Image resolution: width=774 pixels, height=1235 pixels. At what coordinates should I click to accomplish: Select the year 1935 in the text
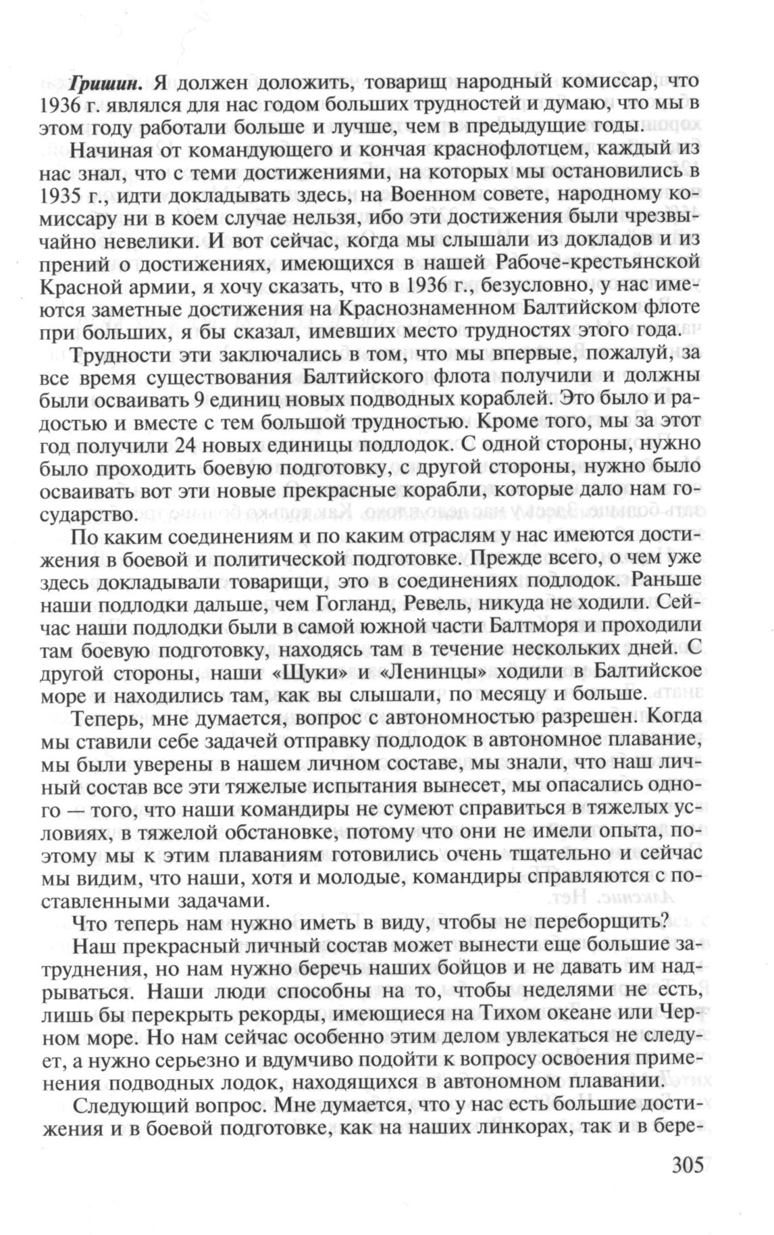point(88,195)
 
